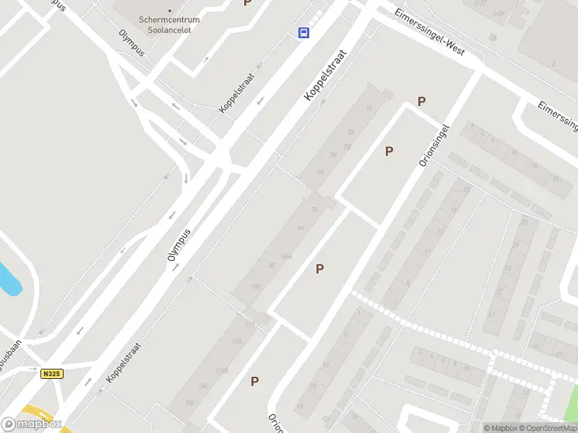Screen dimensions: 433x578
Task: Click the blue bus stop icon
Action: tap(303, 32)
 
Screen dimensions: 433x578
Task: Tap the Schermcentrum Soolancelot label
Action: tap(170, 21)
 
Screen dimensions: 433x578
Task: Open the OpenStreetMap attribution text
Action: tap(547, 428)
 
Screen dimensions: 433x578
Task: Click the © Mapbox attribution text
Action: tap(499, 428)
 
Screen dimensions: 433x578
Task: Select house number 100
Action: tap(255, 287)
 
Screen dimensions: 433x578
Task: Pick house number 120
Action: tap(236, 341)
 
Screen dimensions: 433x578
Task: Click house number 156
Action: tap(190, 402)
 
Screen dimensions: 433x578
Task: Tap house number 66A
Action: tap(287, 256)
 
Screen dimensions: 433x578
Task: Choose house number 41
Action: tap(491, 315)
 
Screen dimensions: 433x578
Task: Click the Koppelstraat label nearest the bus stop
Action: tap(326, 75)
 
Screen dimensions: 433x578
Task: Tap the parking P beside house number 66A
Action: tap(319, 268)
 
